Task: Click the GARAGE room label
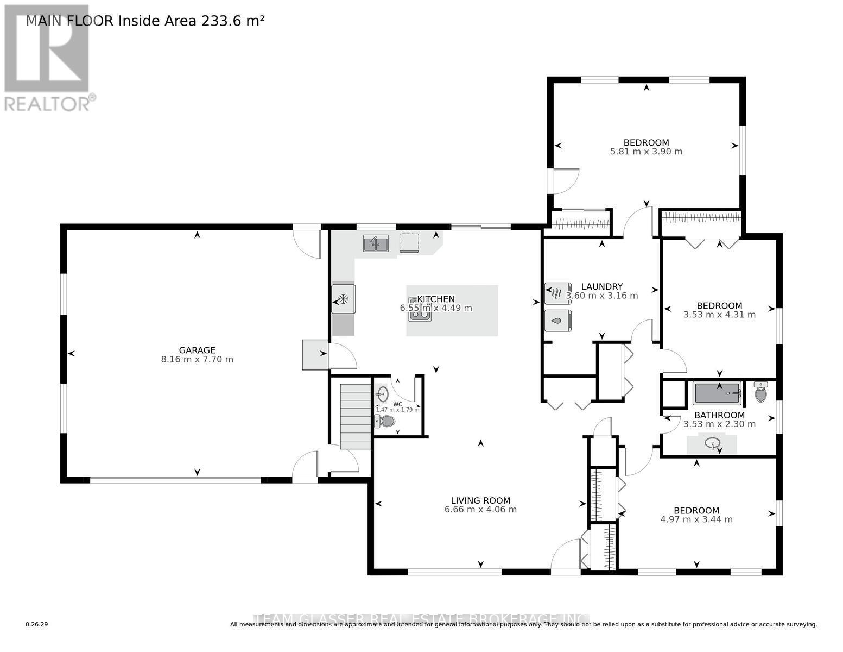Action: [197, 350]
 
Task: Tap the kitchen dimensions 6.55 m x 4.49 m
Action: [436, 308]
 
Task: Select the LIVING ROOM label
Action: [480, 500]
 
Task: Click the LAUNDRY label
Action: [601, 286]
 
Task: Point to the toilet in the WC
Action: [385, 421]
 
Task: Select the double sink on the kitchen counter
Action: [376, 243]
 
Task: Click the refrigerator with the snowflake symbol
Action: [343, 298]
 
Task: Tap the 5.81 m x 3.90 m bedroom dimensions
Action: [646, 152]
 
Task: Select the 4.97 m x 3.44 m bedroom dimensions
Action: [696, 519]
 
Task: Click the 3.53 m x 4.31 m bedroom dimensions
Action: [719, 315]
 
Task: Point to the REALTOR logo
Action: [48, 57]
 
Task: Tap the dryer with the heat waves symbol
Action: [557, 293]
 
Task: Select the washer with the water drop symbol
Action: [557, 321]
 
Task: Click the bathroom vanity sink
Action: [712, 444]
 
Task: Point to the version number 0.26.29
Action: [37, 625]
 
